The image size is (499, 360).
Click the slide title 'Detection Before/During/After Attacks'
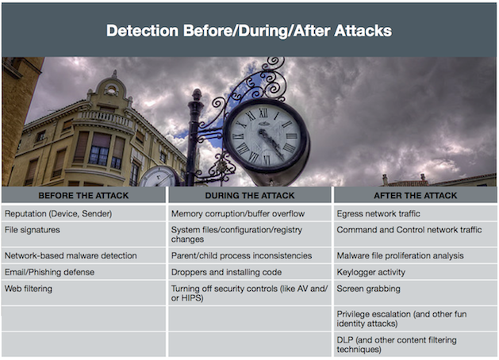point(249,31)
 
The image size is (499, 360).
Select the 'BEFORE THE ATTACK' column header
point(83,195)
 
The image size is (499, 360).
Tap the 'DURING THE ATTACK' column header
point(250,195)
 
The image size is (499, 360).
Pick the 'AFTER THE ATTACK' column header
point(415,195)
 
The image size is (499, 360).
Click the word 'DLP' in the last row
point(344,340)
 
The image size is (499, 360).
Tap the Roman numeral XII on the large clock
point(263,113)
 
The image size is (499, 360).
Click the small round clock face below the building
point(159,178)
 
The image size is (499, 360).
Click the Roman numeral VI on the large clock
point(267,159)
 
